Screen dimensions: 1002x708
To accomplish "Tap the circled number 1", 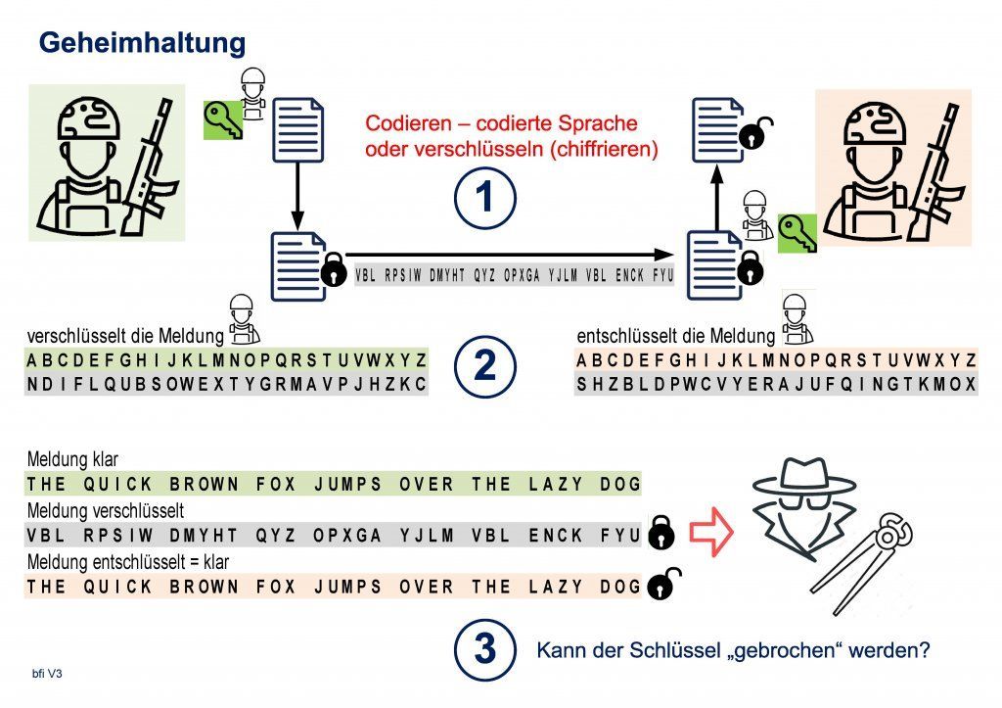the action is (x=485, y=197).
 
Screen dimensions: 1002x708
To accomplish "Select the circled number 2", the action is (x=485, y=366).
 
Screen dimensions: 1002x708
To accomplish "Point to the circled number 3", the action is (x=485, y=649).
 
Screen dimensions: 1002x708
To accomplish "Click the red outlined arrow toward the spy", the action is (x=710, y=532).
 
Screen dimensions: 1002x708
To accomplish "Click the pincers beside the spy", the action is (x=861, y=563).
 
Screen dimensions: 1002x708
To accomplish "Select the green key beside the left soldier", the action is (x=223, y=120).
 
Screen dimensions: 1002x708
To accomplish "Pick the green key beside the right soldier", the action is (x=797, y=233).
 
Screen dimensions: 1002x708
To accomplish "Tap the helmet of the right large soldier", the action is (x=875, y=122).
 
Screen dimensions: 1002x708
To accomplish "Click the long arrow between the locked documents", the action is (x=509, y=255).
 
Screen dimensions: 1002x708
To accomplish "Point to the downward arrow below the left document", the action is (x=297, y=195).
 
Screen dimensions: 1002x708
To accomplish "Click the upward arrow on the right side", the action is (x=717, y=197).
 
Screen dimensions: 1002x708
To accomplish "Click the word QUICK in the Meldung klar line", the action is (x=117, y=484).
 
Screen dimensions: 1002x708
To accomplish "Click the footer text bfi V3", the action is (x=47, y=674).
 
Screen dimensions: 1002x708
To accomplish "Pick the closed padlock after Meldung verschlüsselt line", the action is (x=660, y=532).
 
